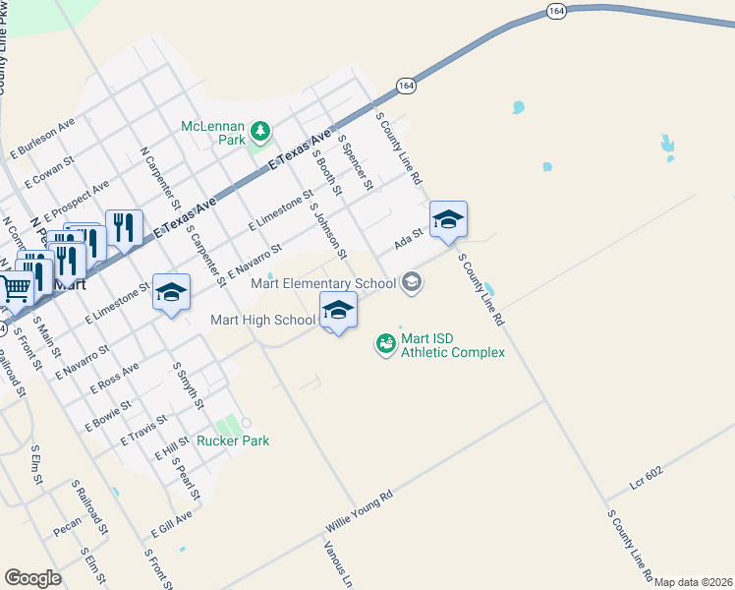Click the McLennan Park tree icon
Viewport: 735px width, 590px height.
click(260, 131)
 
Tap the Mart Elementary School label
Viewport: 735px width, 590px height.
click(323, 284)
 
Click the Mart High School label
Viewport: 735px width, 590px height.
click(262, 320)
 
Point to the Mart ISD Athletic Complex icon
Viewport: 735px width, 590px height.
click(386, 343)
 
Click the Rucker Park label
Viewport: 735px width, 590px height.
click(233, 441)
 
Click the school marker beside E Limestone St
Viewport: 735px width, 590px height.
click(171, 292)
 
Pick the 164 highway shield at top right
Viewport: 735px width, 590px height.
click(557, 11)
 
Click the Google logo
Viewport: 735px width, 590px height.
click(32, 578)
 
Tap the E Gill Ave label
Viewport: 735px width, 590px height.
click(171, 524)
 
